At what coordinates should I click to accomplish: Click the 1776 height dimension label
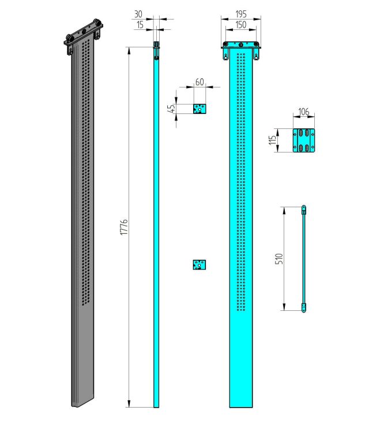click(x=124, y=227)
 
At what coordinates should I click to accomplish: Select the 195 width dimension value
click(x=241, y=14)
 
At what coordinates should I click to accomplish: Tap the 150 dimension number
click(x=241, y=25)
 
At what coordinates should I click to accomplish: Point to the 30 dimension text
click(x=138, y=14)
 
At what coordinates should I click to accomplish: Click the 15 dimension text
click(x=140, y=25)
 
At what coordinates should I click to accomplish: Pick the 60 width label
click(x=199, y=82)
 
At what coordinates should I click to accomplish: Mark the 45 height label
click(x=171, y=108)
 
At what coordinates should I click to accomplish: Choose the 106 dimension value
click(x=304, y=112)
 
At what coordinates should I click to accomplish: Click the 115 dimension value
click(x=273, y=140)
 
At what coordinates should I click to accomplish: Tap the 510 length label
click(x=279, y=258)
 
